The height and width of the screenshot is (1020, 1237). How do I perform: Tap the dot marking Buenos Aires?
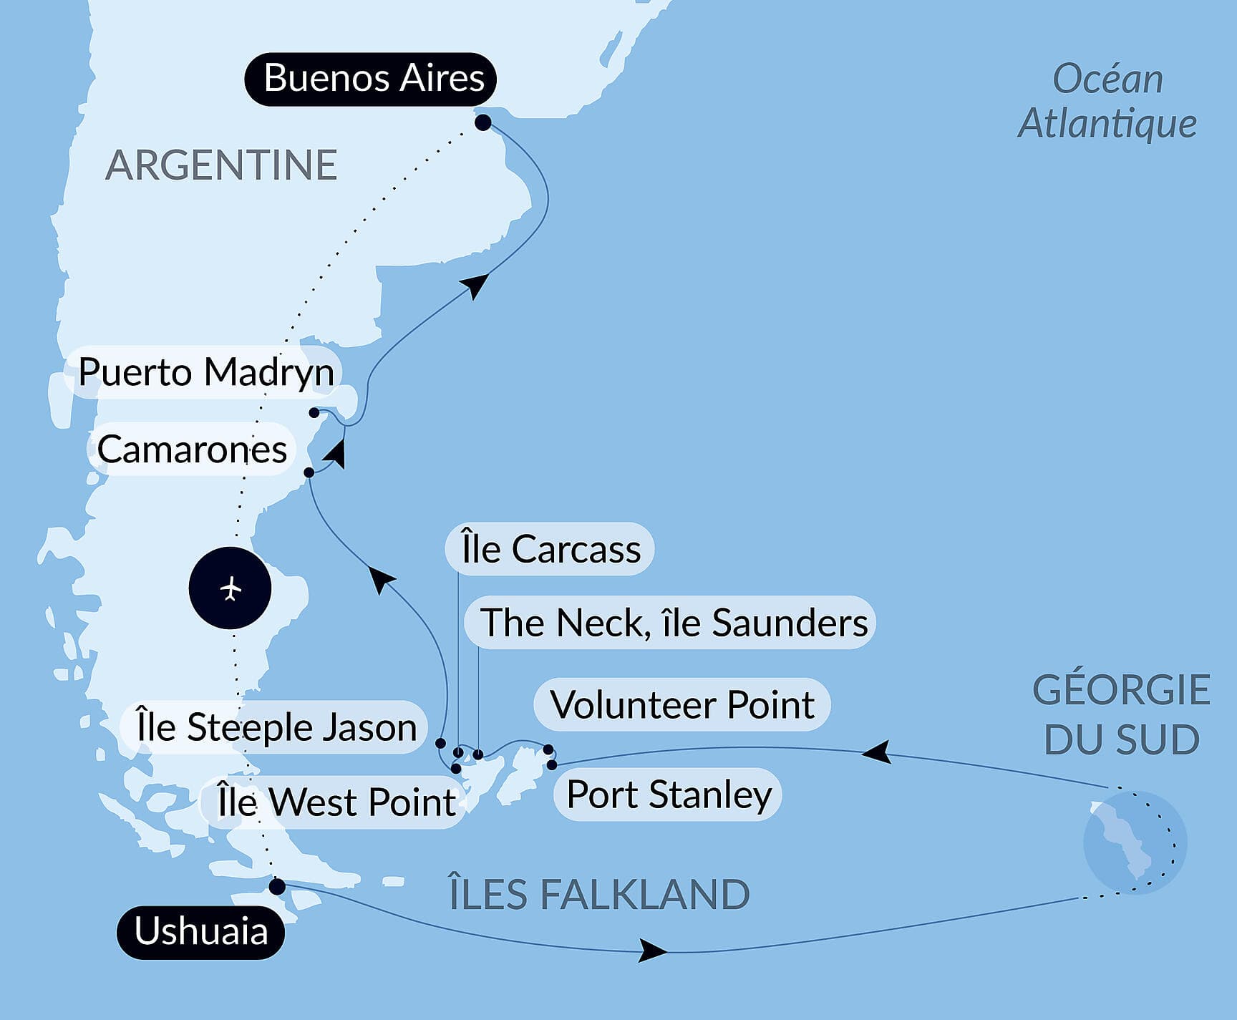pos(483,122)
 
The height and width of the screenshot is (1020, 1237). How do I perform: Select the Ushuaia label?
pos(201,932)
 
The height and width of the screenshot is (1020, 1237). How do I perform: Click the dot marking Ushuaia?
pos(277,887)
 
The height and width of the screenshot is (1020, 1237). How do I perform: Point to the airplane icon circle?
pos(230,588)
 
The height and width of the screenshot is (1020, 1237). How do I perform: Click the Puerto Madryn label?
pos(205,372)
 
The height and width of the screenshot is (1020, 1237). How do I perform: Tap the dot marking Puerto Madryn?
pos(314,412)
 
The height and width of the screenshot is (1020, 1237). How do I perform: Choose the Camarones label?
pos(191,450)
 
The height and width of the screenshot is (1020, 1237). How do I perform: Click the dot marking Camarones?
pos(309,472)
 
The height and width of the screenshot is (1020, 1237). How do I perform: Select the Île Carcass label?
pos(550,549)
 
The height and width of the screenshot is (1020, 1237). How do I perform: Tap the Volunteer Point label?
pos(681,705)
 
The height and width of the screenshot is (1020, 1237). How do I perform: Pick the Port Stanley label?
pos(669,795)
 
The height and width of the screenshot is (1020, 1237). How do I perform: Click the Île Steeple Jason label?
pos(276,727)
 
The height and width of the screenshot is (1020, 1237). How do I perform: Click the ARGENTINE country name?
pos(221,165)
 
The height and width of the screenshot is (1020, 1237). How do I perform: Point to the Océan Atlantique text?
pos(1107,102)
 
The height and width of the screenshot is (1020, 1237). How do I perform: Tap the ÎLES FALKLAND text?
pos(599,895)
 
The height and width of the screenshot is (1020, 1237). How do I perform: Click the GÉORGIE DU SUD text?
pos(1121,715)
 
